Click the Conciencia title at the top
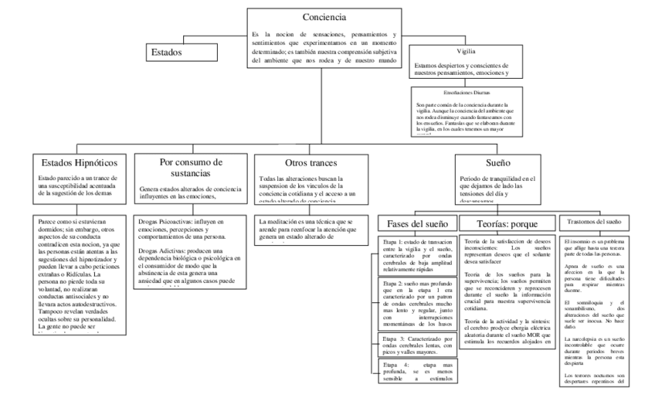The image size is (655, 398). [x=325, y=16]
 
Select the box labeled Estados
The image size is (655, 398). [x=168, y=53]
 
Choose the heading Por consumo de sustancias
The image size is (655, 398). [x=185, y=168]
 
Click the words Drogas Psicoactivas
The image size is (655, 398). [x=166, y=221]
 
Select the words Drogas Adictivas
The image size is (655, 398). [x=162, y=252]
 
